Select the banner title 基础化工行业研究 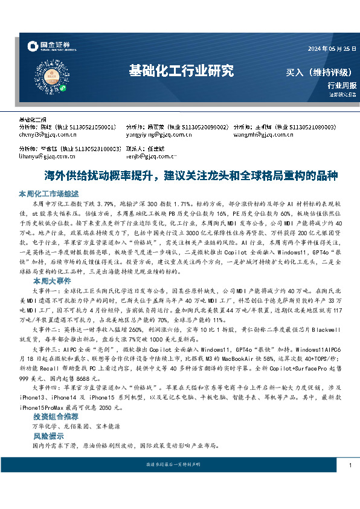181,71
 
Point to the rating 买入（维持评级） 318,73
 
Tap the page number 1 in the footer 350,465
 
